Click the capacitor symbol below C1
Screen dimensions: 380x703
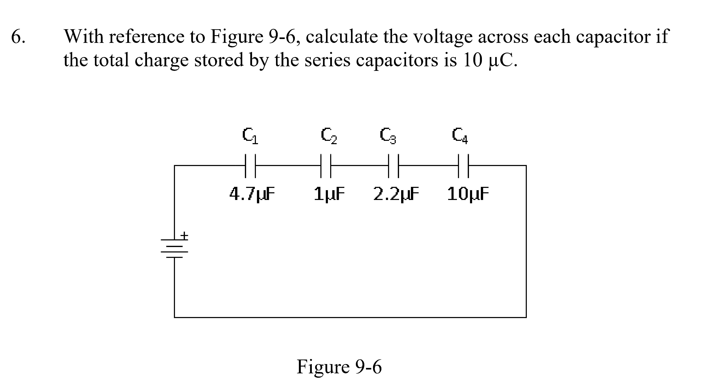250,166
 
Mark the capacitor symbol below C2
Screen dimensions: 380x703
326,166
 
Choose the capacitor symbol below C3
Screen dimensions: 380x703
393,166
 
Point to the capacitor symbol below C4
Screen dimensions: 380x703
463,166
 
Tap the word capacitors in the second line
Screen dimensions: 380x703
397,60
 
